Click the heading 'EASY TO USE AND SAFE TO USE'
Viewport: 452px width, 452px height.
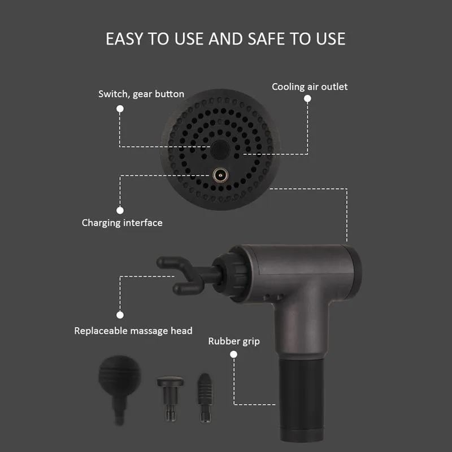[225, 39]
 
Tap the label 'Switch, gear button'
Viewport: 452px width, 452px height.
[141, 94]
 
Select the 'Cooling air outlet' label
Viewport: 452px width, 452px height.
[310, 87]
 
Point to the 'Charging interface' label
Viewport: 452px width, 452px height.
[122, 223]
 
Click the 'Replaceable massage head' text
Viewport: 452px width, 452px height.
[133, 331]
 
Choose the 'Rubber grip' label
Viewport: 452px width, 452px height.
[234, 341]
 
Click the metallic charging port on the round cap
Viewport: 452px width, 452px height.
[220, 175]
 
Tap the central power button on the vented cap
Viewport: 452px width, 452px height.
[220, 150]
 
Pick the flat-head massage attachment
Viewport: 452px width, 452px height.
[171, 398]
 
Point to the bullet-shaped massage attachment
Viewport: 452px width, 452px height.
[205, 397]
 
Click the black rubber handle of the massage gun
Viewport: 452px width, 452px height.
[301, 399]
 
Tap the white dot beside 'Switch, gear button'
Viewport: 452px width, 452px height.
[120, 108]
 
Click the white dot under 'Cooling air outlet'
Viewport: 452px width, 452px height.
[307, 98]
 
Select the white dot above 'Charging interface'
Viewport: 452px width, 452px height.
[120, 210]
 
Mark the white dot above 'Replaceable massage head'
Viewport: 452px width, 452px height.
[120, 315]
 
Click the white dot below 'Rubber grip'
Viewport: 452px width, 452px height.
[234, 354]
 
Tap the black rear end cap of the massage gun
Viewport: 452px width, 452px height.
[355, 272]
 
